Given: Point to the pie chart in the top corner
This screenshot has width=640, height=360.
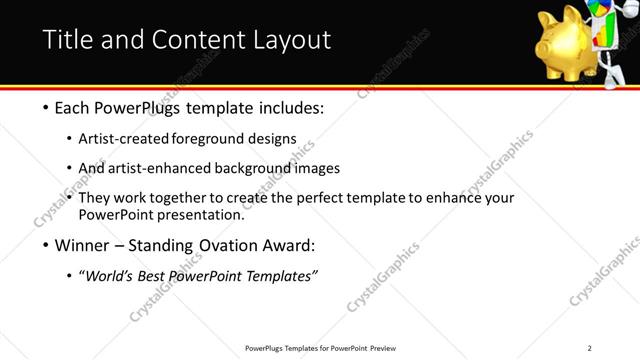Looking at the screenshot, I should pos(600,12).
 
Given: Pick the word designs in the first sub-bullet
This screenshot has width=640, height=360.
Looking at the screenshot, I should pos(273,138).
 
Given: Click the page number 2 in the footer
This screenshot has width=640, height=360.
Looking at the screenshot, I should pos(589,348).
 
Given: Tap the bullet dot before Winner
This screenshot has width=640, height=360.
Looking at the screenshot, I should pos(46,246).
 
